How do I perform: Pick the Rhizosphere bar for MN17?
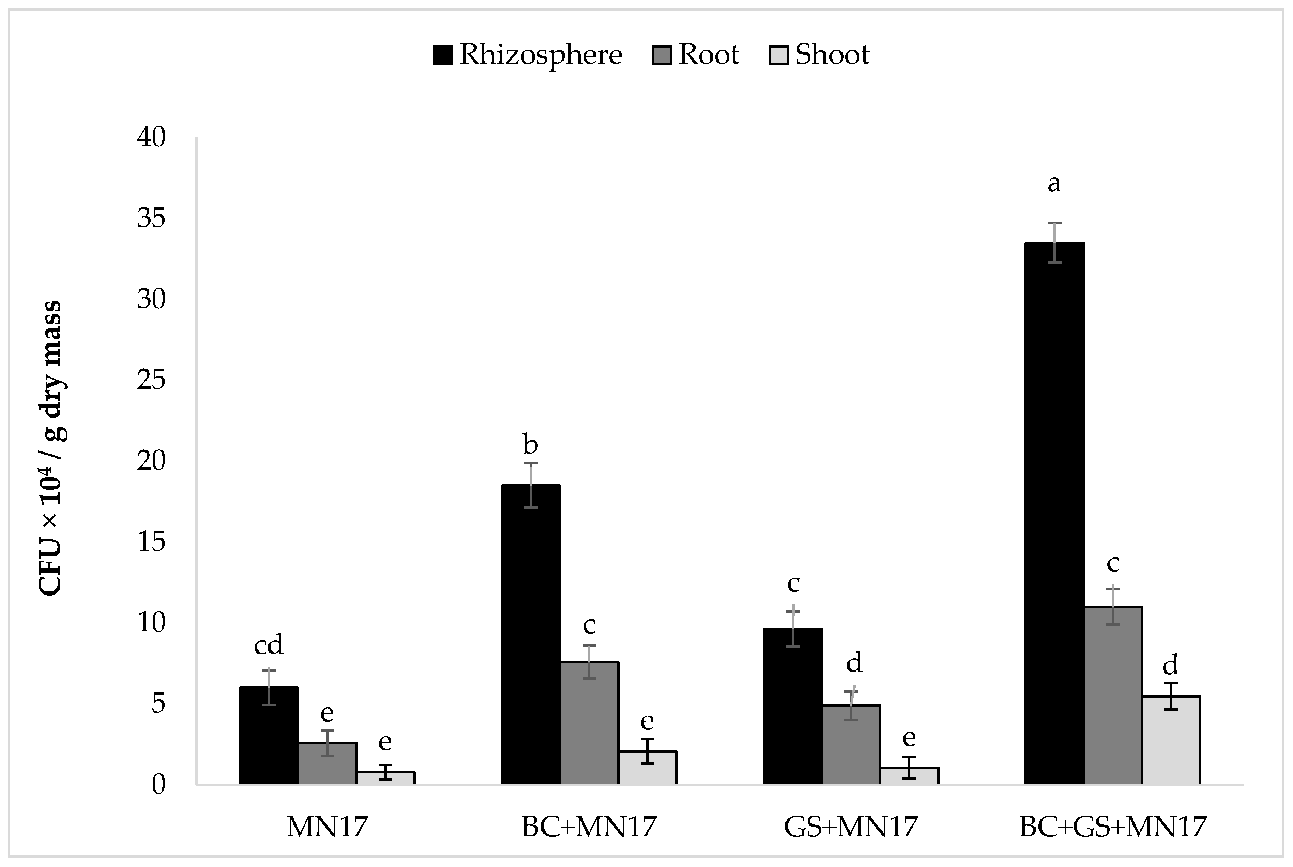pos(269,735)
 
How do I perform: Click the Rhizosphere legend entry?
pos(528,55)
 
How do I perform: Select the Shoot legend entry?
pos(820,55)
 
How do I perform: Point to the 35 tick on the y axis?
pos(151,219)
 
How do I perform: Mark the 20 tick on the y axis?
pos(151,461)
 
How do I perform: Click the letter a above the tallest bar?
pos(1054,183)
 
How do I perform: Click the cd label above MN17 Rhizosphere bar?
pos(268,645)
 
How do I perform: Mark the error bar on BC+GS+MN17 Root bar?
pos(1113,606)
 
